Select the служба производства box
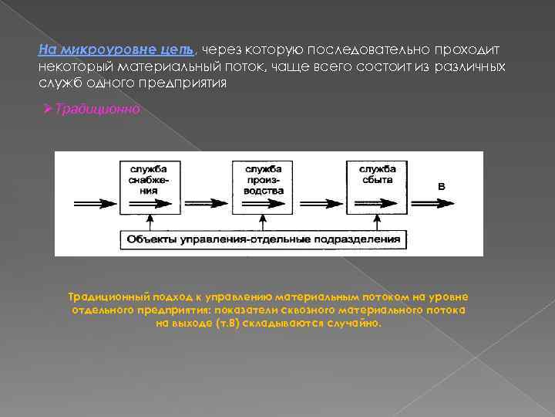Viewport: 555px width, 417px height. [x=263, y=188]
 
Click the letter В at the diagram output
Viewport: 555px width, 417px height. [x=442, y=186]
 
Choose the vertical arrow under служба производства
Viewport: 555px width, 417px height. [x=263, y=222]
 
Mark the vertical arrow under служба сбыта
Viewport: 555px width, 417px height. [x=375, y=222]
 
